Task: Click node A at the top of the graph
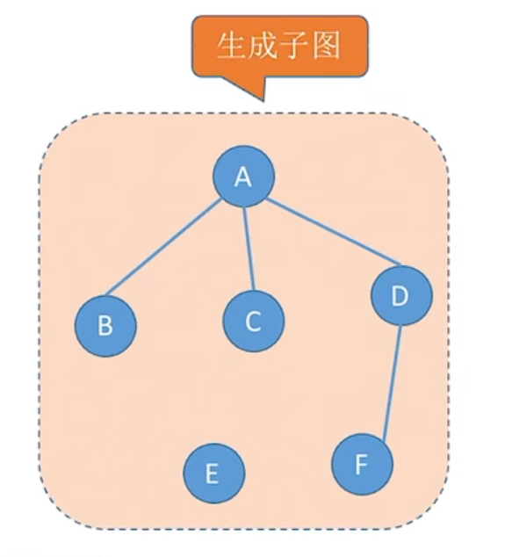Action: (x=243, y=177)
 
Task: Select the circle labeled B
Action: (x=105, y=326)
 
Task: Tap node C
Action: (x=254, y=321)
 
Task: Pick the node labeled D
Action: (x=401, y=295)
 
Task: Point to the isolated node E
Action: (x=214, y=474)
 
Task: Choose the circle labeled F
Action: (x=362, y=464)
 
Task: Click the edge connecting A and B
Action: (x=163, y=247)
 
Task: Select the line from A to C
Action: (x=249, y=249)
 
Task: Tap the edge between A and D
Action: (x=334, y=232)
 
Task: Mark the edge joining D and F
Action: (x=393, y=382)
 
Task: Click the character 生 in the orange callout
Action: (x=231, y=46)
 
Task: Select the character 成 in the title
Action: (x=263, y=46)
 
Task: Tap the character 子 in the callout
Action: (x=294, y=46)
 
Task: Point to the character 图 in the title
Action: (x=326, y=46)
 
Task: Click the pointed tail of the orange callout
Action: (x=263, y=101)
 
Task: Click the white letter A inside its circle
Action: (x=243, y=177)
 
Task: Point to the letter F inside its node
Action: (x=361, y=464)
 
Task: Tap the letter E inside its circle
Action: (x=212, y=474)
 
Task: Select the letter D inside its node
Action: (x=400, y=295)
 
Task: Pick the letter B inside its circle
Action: (x=105, y=325)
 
